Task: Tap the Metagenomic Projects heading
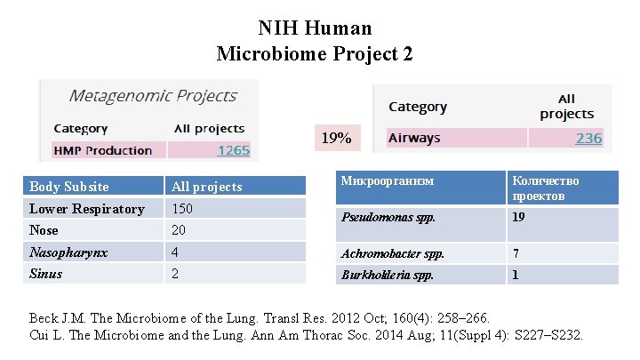(x=153, y=96)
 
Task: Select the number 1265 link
(x=233, y=150)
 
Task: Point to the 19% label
(x=336, y=138)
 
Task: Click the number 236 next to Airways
(x=588, y=138)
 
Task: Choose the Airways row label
(x=414, y=138)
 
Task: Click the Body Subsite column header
(x=69, y=187)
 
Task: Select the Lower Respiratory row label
(x=86, y=209)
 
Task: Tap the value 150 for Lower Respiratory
(x=182, y=209)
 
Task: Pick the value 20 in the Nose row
(x=179, y=230)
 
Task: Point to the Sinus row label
(x=46, y=274)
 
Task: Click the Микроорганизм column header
(x=388, y=181)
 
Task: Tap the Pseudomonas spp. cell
(x=386, y=216)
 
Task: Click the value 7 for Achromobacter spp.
(x=515, y=253)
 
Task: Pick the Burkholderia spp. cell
(x=388, y=275)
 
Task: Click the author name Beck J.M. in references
(x=57, y=317)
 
